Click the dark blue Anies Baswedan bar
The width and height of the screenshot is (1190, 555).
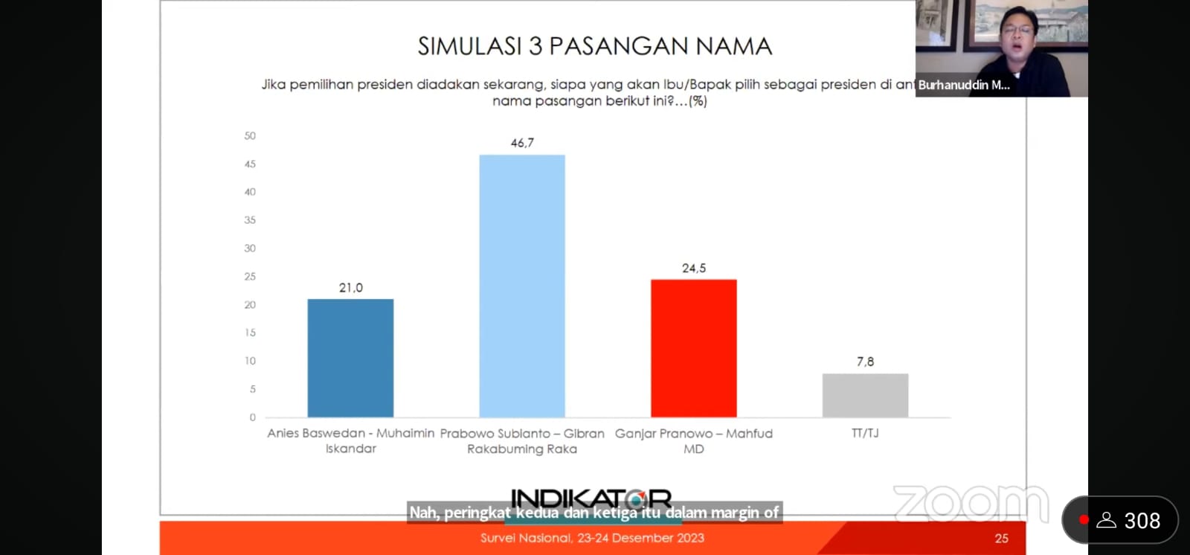point(350,358)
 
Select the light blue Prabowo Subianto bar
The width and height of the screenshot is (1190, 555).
point(522,286)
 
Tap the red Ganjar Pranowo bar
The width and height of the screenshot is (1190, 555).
point(693,348)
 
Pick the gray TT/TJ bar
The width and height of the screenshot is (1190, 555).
point(865,395)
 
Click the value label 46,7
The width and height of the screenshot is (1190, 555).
point(522,143)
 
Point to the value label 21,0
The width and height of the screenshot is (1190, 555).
point(351,288)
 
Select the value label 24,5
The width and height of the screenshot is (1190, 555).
point(694,269)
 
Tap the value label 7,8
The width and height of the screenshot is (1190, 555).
point(865,362)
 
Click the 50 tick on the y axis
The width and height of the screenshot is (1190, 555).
point(250,136)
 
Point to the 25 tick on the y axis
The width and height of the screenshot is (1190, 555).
point(250,277)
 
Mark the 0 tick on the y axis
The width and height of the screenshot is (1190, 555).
point(253,417)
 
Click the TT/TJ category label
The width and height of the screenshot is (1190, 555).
point(865,433)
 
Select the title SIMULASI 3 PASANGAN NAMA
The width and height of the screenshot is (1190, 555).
point(594,46)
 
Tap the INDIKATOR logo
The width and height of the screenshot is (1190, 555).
point(591,498)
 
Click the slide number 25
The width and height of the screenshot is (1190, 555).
point(1001,538)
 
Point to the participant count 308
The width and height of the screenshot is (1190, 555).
point(1142,521)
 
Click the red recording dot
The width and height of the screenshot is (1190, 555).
point(1084,520)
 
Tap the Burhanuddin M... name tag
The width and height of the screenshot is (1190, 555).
point(964,85)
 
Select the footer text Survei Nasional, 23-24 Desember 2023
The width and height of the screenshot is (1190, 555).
point(592,538)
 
